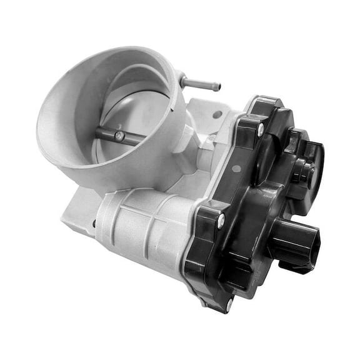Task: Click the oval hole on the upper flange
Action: [217, 114]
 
